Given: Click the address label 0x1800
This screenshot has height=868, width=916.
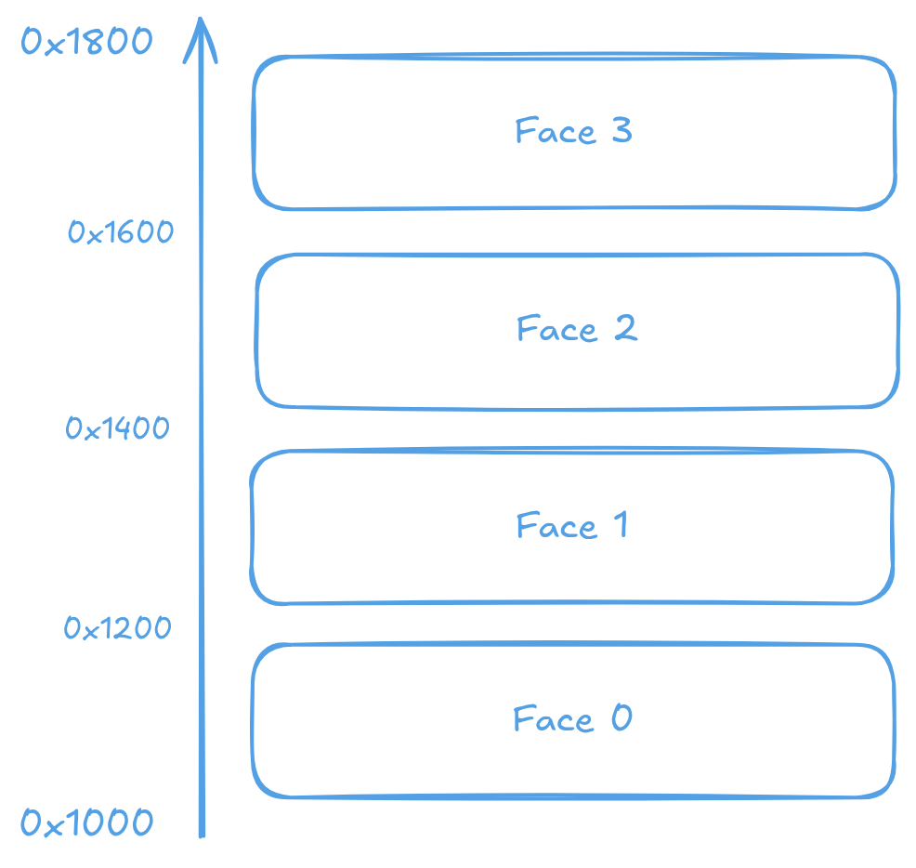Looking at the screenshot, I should click(x=86, y=43).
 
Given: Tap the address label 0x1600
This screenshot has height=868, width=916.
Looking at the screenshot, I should click(x=121, y=232).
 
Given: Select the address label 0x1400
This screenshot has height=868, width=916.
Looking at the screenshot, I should click(x=118, y=428).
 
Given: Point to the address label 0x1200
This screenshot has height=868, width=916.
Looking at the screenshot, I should click(x=118, y=629).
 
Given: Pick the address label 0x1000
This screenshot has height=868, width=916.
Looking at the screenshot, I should click(x=87, y=823).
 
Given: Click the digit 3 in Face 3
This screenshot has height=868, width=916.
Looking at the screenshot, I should click(x=622, y=130).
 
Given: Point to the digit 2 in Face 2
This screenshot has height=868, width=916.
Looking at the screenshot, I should click(x=625, y=328).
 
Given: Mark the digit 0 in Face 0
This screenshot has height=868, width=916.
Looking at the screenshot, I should click(x=622, y=718).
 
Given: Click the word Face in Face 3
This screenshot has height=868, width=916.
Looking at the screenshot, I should click(x=555, y=131).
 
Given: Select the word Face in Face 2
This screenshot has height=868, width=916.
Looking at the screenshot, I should click(x=556, y=329).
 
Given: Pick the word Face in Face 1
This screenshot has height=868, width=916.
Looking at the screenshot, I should click(x=556, y=527).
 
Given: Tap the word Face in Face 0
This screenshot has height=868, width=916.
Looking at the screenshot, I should click(x=554, y=719).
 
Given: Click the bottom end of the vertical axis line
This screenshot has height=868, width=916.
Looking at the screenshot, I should click(x=202, y=834).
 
